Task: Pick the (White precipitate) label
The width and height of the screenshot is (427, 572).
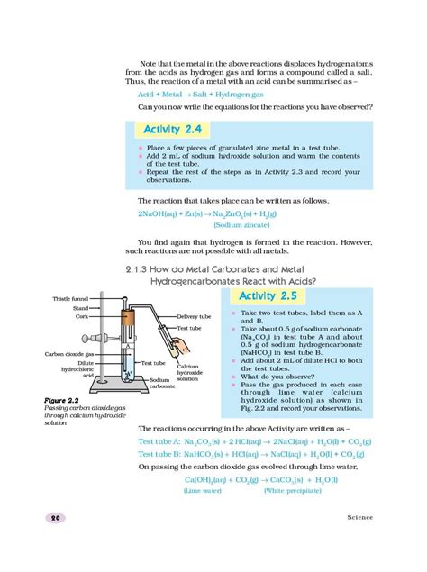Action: click(x=292, y=492)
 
